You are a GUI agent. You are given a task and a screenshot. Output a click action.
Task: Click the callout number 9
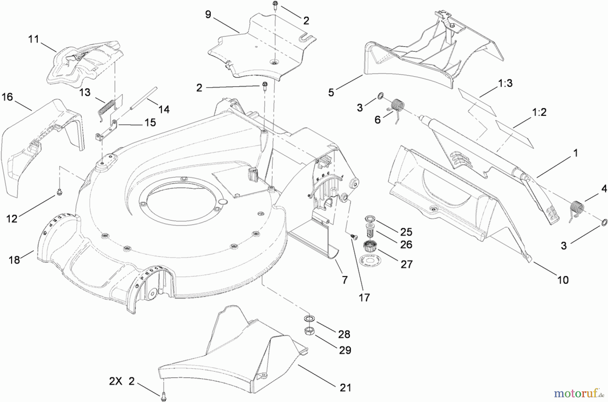tap(208, 15)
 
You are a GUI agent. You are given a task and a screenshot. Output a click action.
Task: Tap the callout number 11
tap(33, 39)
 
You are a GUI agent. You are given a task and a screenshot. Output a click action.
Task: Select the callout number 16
tap(7, 97)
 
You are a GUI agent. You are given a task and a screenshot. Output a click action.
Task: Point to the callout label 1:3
tap(505, 83)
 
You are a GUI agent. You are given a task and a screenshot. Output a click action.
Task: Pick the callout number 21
tap(345, 388)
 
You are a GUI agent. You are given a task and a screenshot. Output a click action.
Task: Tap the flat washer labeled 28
tap(308, 318)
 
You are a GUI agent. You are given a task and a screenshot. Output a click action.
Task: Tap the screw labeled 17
tap(354, 237)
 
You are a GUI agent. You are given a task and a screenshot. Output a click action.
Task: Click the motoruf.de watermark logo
tap(578, 393)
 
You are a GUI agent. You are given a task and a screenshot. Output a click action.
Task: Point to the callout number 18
tap(14, 260)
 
